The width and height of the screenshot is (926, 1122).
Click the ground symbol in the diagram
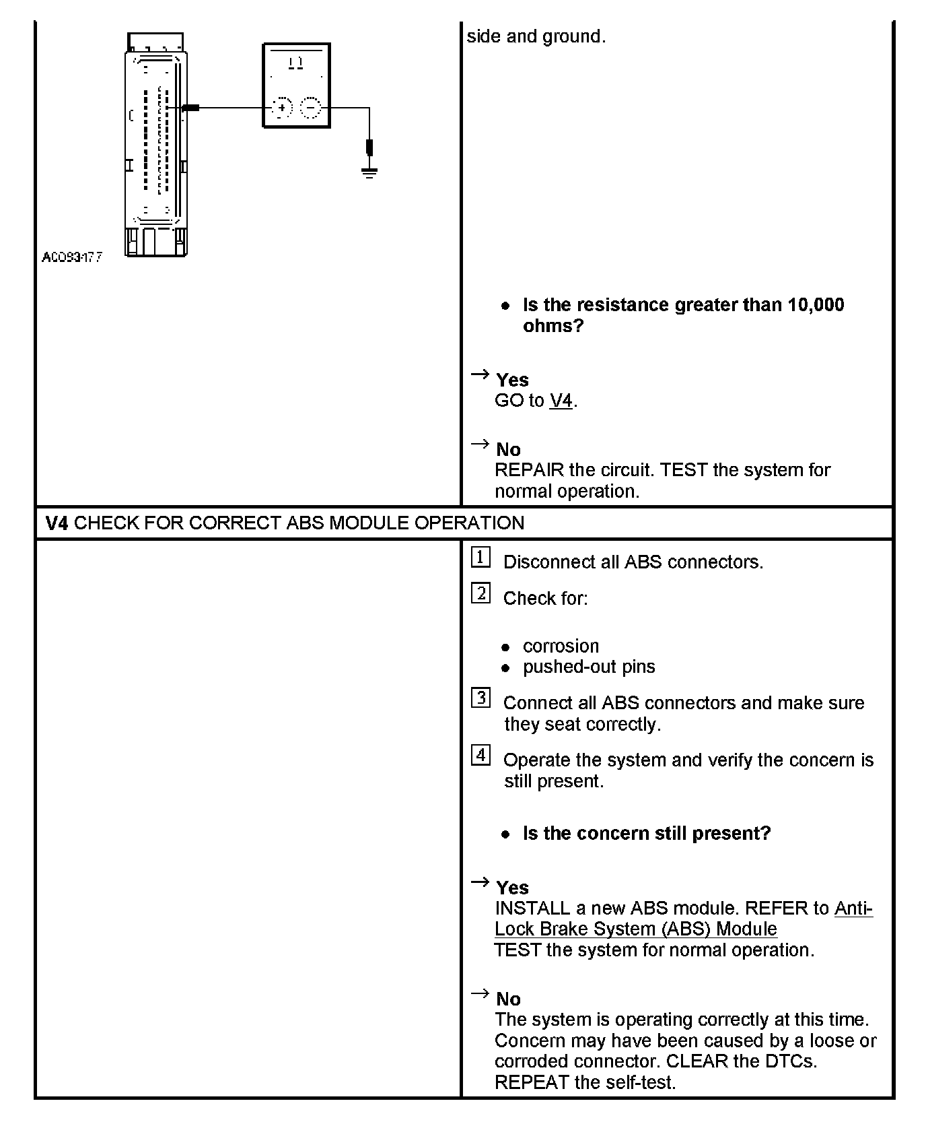click(369, 173)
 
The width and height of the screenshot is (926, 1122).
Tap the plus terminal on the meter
click(283, 108)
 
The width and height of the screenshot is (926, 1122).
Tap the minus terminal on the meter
click(310, 108)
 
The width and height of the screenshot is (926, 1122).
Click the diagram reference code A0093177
click(72, 257)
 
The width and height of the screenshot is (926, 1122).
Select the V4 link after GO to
click(561, 401)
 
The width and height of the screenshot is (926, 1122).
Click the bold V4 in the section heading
click(57, 523)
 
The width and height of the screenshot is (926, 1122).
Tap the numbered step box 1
click(480, 558)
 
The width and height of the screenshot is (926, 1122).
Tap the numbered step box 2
click(480, 594)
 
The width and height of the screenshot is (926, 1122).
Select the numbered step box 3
click(480, 698)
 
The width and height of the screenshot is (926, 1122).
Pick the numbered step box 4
click(480, 756)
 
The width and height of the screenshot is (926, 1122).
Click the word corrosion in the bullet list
click(561, 646)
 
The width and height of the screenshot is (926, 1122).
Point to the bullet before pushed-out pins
click(506, 667)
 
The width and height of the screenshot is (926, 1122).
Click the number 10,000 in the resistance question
click(816, 305)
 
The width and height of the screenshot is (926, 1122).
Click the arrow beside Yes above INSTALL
click(480, 882)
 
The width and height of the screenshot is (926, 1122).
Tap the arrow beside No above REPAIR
click(480, 444)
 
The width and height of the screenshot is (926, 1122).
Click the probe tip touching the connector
click(190, 108)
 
